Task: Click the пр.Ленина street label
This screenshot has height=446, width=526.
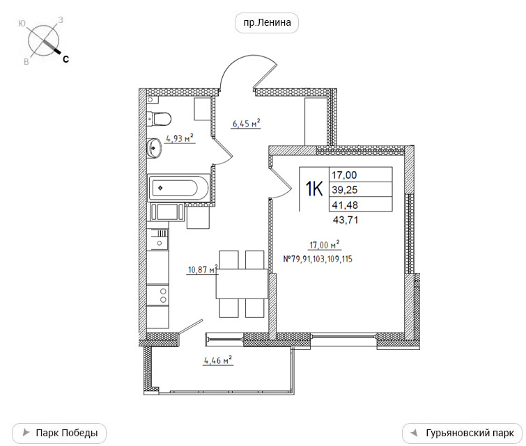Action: pos(267,23)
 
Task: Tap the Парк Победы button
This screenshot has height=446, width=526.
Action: pos(59,433)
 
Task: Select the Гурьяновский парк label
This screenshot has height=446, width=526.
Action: pos(463,433)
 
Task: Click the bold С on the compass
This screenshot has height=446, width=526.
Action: pos(65,59)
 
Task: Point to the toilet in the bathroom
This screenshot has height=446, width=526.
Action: pos(159,119)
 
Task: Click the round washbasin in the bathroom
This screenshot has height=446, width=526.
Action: pos(154,148)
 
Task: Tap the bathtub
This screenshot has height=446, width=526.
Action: pos(179,188)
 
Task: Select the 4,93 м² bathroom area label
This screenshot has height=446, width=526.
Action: pos(180,138)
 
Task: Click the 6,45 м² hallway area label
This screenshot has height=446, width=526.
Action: pos(247,124)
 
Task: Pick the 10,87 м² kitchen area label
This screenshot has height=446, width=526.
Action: pos(203,269)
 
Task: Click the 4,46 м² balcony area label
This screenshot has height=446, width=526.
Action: pos(218,360)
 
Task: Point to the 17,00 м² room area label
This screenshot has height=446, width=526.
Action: pos(325,245)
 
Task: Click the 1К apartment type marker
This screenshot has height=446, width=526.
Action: pos(314,189)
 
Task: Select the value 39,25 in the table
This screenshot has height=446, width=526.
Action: pos(345,190)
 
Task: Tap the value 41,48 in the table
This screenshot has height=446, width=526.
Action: pos(345,205)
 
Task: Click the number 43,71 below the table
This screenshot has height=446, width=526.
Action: pos(346,220)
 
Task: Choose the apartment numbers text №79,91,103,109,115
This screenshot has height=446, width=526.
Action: pos(318,259)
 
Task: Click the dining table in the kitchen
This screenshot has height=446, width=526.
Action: pos(242,283)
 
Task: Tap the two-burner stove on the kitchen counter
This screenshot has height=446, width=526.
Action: pos(157,294)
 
